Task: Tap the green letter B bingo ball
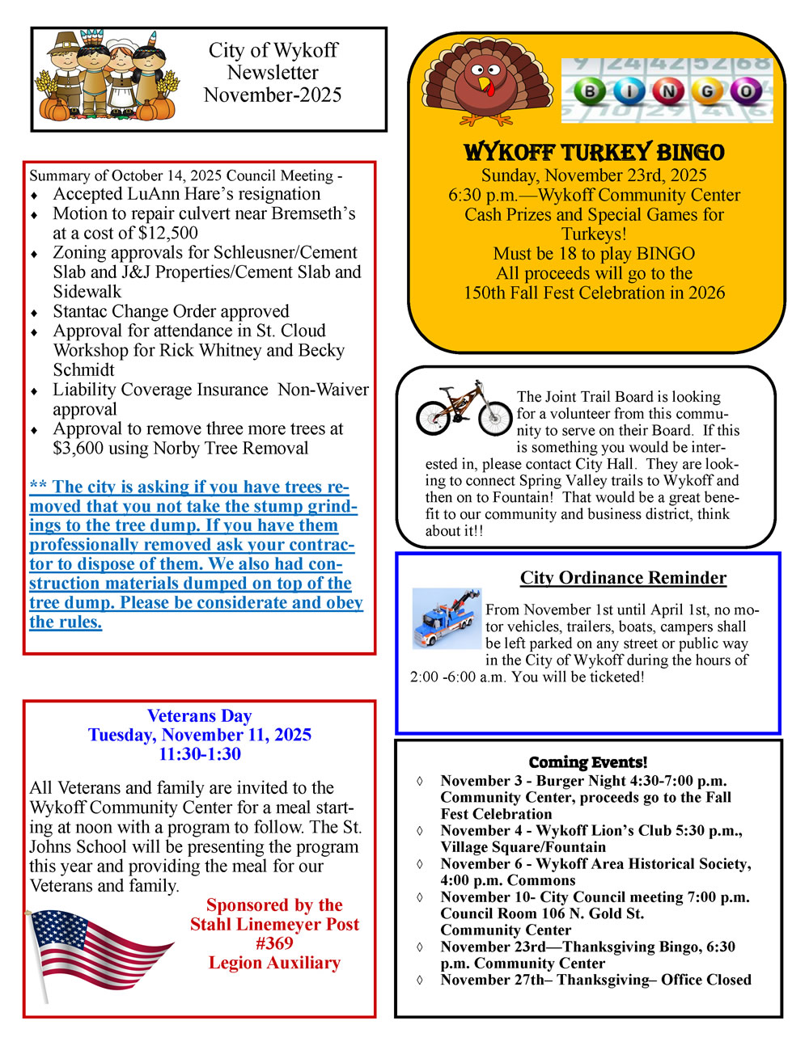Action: tap(591, 92)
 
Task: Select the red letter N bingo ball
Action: tap(668, 92)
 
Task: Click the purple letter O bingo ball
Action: tap(745, 92)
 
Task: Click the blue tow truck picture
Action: tap(447, 619)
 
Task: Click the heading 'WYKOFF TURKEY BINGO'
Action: tap(595, 152)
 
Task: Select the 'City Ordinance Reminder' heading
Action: tap(623, 577)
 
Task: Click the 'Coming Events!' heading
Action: tap(588, 762)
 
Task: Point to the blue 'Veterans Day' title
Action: tap(199, 715)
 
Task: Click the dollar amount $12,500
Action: tap(168, 233)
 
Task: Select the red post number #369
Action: tap(274, 943)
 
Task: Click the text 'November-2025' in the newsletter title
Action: tap(273, 95)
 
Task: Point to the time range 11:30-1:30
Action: tap(199, 754)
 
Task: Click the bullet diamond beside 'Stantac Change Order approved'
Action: tap(34, 312)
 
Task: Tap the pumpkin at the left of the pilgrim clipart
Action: tap(55, 109)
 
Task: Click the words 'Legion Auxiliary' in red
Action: tap(274, 963)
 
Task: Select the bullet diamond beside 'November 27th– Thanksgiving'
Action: tap(419, 981)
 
